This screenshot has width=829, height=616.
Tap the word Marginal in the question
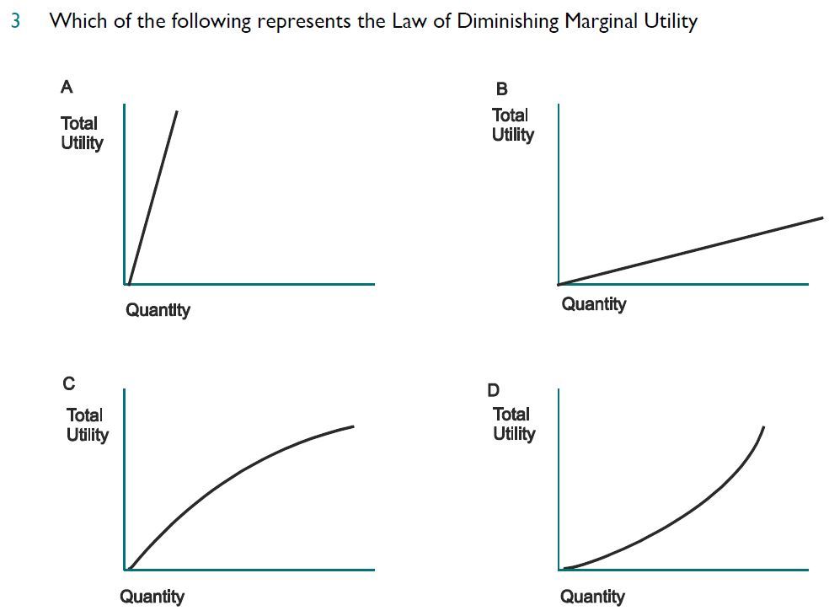(603, 21)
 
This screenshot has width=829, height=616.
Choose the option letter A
(67, 86)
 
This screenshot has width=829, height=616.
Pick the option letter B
(502, 88)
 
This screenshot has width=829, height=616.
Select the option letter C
(69, 383)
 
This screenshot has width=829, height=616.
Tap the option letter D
(494, 389)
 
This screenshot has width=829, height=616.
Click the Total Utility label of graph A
(82, 133)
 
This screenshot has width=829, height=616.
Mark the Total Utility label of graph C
(88, 425)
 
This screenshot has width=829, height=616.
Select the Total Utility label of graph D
(514, 424)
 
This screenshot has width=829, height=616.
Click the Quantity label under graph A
(158, 310)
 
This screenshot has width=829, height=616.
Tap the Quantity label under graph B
(594, 303)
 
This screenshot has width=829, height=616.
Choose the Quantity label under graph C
(152, 597)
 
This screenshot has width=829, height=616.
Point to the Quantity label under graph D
(593, 597)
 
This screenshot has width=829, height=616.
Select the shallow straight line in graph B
(691, 250)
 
